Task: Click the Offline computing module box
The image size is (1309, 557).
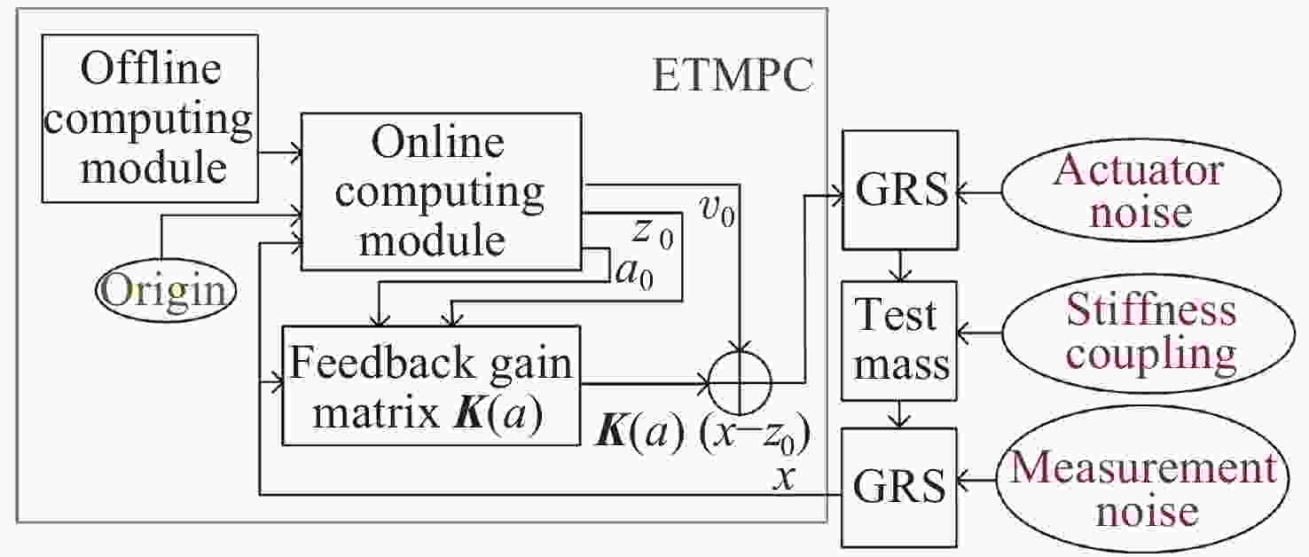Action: pyautogui.click(x=150, y=118)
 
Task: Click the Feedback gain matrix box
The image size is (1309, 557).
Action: pyautogui.click(x=431, y=385)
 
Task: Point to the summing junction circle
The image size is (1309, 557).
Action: pyautogui.click(x=741, y=384)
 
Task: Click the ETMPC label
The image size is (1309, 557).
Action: pyautogui.click(x=733, y=77)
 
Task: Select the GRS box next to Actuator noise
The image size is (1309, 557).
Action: pyautogui.click(x=900, y=190)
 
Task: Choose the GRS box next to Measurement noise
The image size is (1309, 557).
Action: pyautogui.click(x=900, y=486)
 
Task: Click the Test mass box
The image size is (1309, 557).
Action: pyautogui.click(x=900, y=340)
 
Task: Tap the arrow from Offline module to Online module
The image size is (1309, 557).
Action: pyautogui.click(x=280, y=153)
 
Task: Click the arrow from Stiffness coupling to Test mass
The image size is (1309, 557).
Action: pyautogui.click(x=981, y=334)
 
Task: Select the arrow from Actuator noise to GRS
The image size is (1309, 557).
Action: pyautogui.click(x=981, y=190)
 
